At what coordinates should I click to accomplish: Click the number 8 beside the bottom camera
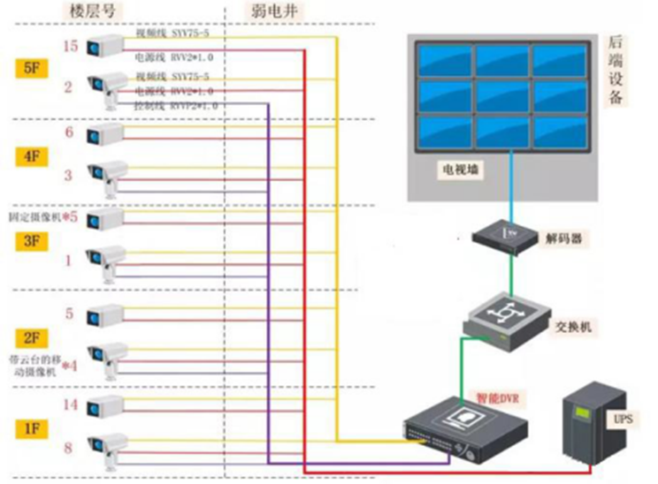tap(68, 450)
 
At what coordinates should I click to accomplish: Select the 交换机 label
tap(574, 328)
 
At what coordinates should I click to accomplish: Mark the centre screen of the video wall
tap(502, 93)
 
